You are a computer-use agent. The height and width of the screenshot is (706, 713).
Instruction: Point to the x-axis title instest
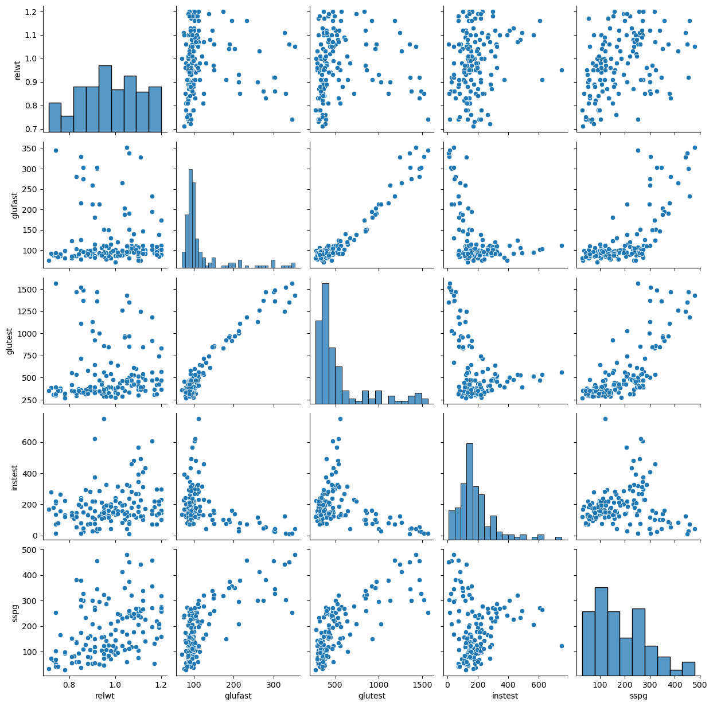click(505, 696)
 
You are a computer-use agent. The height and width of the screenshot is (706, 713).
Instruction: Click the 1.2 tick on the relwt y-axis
click(31, 11)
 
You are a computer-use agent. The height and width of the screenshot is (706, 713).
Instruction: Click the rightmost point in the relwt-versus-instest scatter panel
click(562, 70)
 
